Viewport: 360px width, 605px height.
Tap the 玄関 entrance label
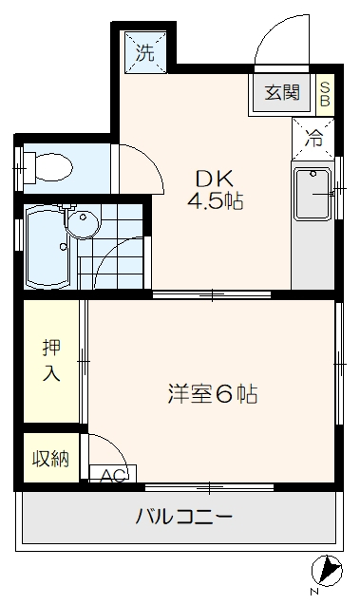point(281,93)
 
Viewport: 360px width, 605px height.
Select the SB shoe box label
point(325,93)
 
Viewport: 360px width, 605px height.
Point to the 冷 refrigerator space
point(313,138)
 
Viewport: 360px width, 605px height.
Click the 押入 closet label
point(50,360)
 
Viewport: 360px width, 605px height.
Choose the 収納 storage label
point(51,460)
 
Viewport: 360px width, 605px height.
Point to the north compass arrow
point(331,570)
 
